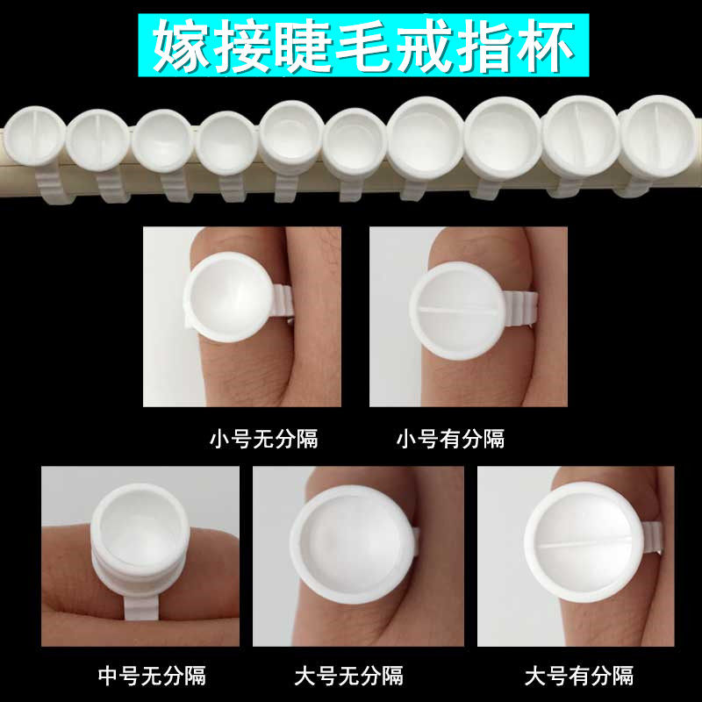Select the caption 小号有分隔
pyautogui.click(x=451, y=438)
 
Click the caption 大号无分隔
pyautogui.click(x=349, y=676)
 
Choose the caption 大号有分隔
pyautogui.click(x=579, y=676)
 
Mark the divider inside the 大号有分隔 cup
pyautogui.click(x=584, y=544)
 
